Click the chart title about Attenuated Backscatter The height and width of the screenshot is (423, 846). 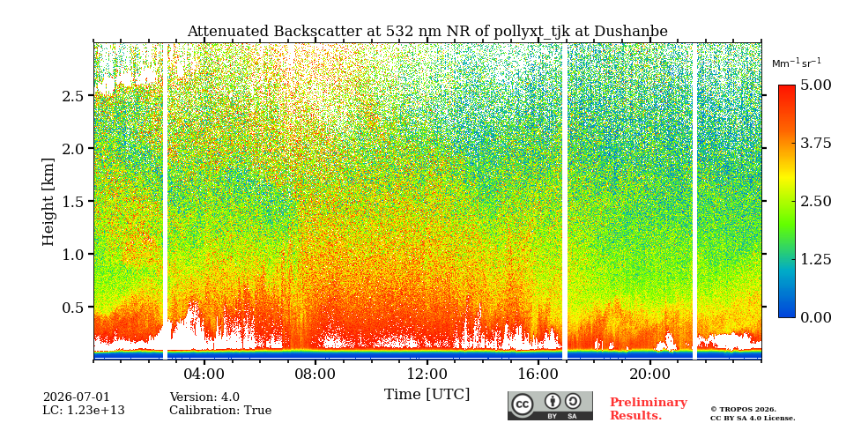[x=427, y=32]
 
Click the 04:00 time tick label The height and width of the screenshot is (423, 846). [x=204, y=374]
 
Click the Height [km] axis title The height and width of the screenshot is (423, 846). [x=48, y=202]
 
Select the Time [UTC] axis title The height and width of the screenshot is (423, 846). [x=427, y=395]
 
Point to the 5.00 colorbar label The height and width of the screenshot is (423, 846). [x=815, y=85]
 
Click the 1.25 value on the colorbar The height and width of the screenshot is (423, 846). [x=815, y=259]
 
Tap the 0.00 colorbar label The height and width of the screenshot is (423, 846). [x=815, y=317]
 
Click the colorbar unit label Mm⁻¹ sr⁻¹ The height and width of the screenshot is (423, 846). [x=797, y=63]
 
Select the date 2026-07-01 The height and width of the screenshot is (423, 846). [x=76, y=397]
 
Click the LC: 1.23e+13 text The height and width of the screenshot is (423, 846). [x=84, y=411]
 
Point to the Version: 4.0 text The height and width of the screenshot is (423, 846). [x=204, y=397]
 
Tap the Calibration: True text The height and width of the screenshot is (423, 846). [x=220, y=411]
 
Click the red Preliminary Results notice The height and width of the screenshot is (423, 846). [x=649, y=409]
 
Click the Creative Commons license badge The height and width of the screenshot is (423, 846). [x=550, y=405]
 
